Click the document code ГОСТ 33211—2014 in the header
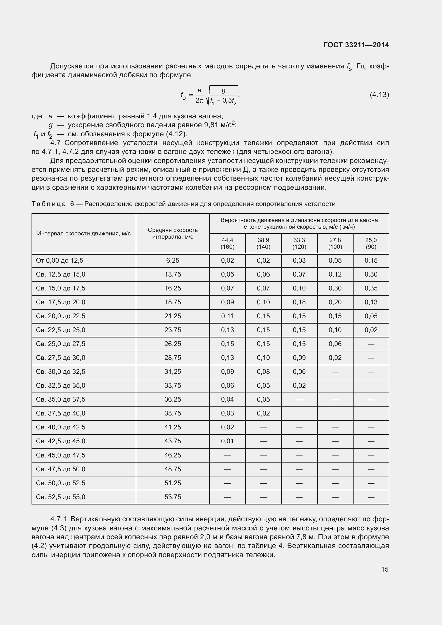tap(356, 45)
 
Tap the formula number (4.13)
tap(379, 95)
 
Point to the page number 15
tap(385, 569)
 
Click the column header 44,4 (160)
tap(227, 243)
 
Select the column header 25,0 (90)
tap(371, 243)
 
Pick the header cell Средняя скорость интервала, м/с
tap(173, 233)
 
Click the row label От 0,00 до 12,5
tap(60, 261)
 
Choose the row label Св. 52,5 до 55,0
tap(60, 497)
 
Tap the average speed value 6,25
tap(173, 261)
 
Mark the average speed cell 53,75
tap(173, 497)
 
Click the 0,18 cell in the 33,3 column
tap(299, 302)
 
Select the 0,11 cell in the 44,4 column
tap(227, 316)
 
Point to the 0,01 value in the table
tap(227, 441)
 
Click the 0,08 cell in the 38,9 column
tap(263, 372)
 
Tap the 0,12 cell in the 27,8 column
tap(335, 274)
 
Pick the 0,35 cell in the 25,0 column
tap(371, 288)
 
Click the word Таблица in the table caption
tap(49, 204)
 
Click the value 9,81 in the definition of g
tap(211, 125)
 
